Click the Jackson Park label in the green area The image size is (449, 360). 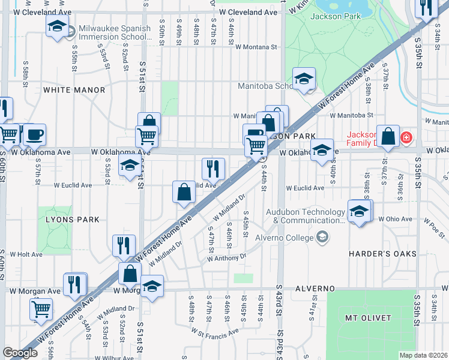(x=336, y=16)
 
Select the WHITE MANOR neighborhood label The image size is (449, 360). (x=74, y=90)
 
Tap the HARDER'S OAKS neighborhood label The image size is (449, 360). (x=382, y=254)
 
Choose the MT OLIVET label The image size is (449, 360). (x=368, y=317)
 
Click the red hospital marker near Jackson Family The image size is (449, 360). (x=407, y=138)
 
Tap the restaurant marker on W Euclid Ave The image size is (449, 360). (x=213, y=169)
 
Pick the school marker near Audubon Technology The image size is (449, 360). (x=360, y=211)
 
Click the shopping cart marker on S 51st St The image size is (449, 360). (x=147, y=136)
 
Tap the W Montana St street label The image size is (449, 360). (x=256, y=46)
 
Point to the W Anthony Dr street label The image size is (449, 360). (x=227, y=258)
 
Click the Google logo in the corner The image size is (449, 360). (x=20, y=353)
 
